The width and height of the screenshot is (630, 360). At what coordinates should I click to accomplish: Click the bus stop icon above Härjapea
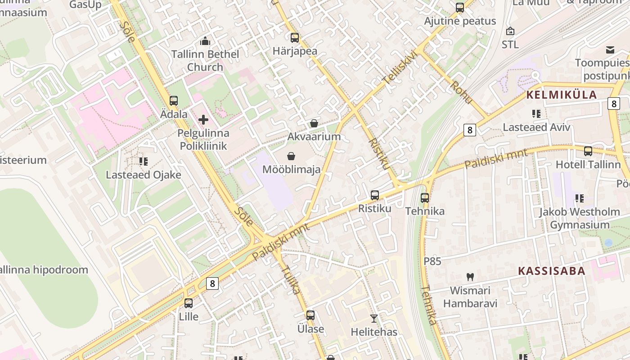coord(295,38)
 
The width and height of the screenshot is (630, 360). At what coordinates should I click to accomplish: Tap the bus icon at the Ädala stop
coord(174,101)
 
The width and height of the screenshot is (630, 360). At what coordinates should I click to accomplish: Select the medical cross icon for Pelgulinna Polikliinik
coord(203,120)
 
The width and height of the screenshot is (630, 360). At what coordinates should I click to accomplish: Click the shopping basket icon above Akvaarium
coord(314,123)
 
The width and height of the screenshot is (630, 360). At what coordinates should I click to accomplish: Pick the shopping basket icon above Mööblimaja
coord(292,156)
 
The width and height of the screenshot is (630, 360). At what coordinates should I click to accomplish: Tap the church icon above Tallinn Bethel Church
coord(205,41)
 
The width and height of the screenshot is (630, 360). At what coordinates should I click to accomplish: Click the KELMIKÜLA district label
coord(561,95)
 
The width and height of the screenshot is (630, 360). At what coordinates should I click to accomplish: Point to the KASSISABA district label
coord(552,271)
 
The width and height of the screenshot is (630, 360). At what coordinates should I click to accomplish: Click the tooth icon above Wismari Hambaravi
coord(470,277)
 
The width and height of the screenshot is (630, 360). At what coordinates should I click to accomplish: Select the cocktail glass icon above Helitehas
coord(374,319)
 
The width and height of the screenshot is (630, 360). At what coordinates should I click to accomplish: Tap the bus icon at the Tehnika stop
coord(425,198)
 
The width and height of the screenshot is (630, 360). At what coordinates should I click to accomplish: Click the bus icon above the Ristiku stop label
coord(375,195)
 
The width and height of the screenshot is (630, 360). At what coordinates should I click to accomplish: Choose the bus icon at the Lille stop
coord(189,303)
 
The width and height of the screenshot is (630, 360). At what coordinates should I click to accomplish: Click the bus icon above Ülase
coord(310,315)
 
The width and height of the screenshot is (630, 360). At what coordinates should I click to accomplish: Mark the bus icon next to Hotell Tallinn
coord(588,151)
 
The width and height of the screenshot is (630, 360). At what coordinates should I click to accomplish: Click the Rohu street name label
coord(461,92)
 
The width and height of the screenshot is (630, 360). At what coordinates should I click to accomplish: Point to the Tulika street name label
coord(291,279)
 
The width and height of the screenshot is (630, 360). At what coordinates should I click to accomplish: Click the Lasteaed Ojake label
coord(144,175)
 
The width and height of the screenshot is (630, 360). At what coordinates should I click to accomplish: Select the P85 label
coord(432,261)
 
